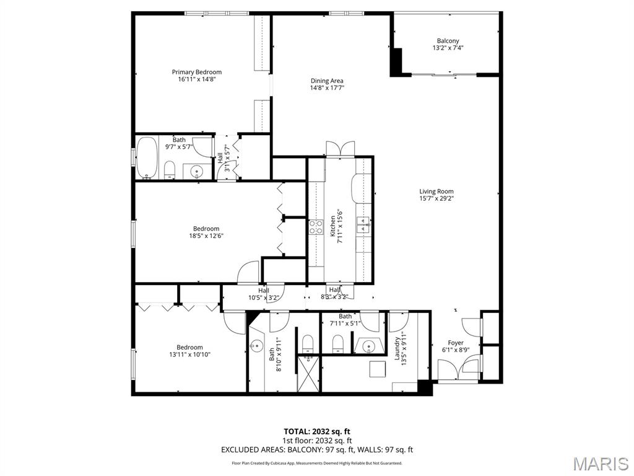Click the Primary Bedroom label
[x=196, y=72]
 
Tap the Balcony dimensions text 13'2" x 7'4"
[x=448, y=48]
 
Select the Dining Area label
[x=327, y=81]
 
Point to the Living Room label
[x=436, y=192]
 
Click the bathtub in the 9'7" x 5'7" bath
[x=147, y=158]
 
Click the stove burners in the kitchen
[x=316, y=227]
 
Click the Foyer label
[x=456, y=343]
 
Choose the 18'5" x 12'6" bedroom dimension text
[x=206, y=236]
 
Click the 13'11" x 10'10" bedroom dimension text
[x=189, y=355]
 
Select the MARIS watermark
[x=601, y=463]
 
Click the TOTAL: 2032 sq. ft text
[x=317, y=431]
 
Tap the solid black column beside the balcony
[x=396, y=61]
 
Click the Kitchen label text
[x=332, y=226]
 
